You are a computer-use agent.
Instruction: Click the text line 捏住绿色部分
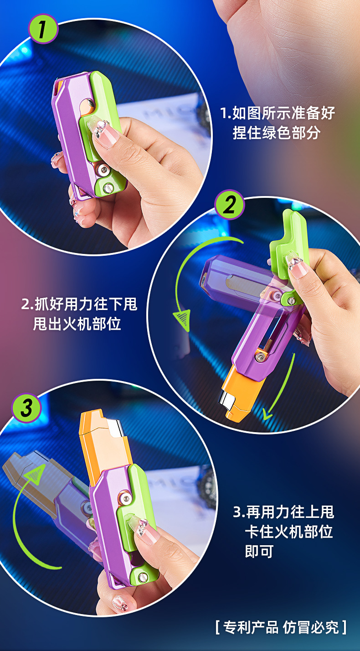277,133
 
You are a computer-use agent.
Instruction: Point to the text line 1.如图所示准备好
278,113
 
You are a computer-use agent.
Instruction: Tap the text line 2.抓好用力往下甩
79,304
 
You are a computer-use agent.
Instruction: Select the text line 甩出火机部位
77,324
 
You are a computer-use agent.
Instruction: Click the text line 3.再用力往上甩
283,512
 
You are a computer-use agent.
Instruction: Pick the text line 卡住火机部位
289,532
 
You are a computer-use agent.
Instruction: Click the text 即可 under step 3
259,552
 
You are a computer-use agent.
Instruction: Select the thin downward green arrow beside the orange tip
280,387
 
